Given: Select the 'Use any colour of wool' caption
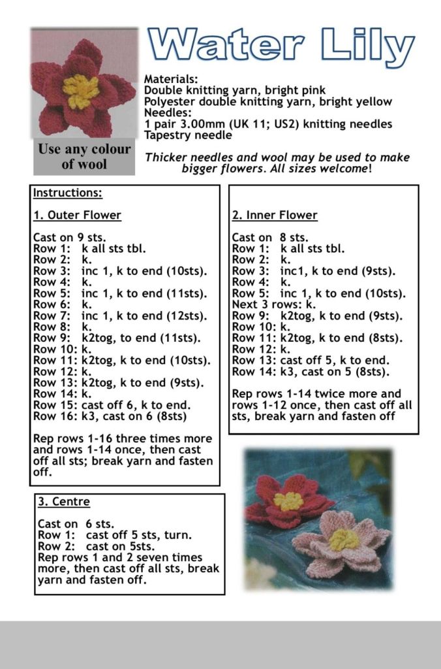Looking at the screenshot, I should (84, 156).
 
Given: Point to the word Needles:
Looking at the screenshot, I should (166, 112).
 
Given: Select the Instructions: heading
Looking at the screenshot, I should (68, 193).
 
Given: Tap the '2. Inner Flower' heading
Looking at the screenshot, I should (275, 215).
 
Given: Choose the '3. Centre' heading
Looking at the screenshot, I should (64, 502).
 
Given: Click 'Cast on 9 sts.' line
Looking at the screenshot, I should (69, 238).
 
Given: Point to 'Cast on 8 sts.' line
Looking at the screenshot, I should (270, 238).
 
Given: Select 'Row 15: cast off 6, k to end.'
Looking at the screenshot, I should (112, 405).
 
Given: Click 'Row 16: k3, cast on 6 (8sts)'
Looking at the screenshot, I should (110, 416).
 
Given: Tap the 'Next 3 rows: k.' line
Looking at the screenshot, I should (274, 304).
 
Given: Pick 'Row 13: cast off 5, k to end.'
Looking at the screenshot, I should (311, 360).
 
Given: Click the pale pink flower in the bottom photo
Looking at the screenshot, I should (342, 542).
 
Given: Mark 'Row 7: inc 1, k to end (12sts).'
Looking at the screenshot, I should (120, 316).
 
